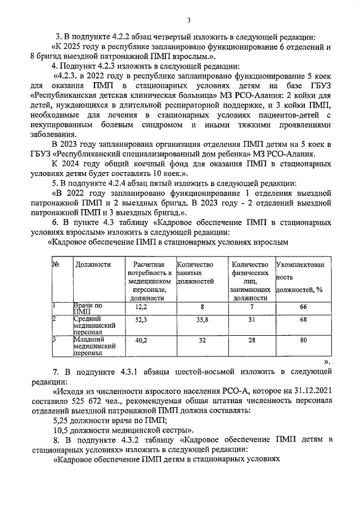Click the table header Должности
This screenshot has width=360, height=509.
pos(93,264)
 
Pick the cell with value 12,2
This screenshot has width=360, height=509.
pos(141,308)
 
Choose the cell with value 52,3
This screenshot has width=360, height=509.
pos(141,319)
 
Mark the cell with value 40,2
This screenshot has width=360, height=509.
pos(141,340)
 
